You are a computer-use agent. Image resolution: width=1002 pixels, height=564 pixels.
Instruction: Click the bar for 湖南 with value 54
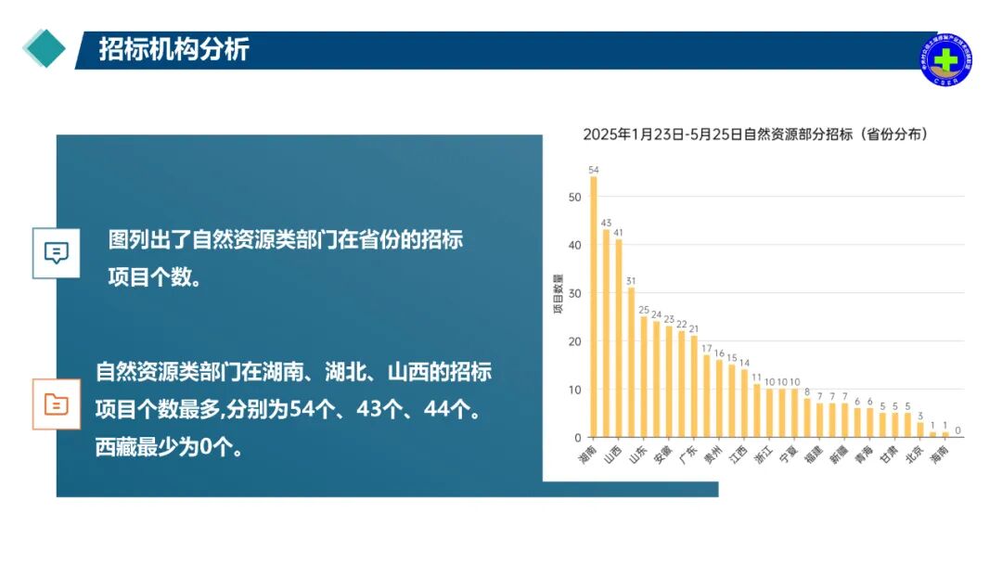[x=594, y=306]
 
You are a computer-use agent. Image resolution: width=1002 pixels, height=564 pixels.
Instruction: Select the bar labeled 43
[x=607, y=333]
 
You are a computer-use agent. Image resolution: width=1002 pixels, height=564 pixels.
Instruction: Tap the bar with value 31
[x=631, y=362]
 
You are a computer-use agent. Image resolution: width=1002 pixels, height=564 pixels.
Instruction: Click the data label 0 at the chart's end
[x=957, y=430]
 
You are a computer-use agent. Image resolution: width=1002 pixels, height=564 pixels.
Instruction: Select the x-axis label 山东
[x=637, y=455]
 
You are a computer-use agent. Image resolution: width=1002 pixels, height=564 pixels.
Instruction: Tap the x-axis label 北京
[x=914, y=455]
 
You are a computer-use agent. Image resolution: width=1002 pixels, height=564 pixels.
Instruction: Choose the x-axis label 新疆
[x=838, y=455]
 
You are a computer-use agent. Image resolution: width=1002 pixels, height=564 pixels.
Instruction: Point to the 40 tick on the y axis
[x=575, y=245]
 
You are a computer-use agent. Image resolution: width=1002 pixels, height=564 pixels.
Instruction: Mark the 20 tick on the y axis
[x=575, y=341]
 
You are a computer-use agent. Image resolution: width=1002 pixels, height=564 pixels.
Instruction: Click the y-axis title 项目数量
[x=559, y=294]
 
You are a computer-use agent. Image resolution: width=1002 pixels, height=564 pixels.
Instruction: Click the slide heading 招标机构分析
[x=174, y=50]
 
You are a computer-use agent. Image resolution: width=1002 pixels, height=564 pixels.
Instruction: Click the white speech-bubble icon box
[x=57, y=251]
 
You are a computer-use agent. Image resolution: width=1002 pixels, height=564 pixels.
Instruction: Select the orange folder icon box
[x=57, y=404]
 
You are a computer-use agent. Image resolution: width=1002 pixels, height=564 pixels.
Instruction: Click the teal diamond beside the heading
[x=44, y=49]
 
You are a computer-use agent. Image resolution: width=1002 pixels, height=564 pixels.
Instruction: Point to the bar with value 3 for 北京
[x=919, y=429]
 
